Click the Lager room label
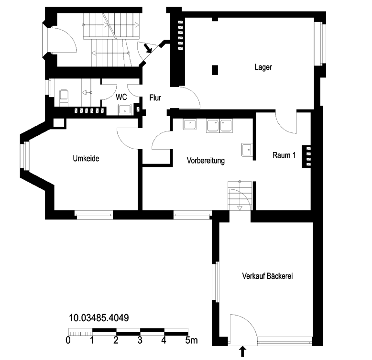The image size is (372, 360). point(263,67)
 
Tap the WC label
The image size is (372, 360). point(121,97)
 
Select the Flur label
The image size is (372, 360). point(155,98)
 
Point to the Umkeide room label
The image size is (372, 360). point(86,158)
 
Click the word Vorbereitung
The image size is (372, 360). point(206,161)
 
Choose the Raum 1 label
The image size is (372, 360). point(284,155)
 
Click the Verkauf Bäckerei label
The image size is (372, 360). point(267,276)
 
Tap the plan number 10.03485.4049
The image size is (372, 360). point(98,318)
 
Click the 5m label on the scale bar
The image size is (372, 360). point(191,340)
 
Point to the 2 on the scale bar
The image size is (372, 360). point(116,340)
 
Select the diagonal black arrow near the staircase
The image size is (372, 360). point(148,48)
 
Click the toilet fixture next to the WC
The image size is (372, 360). point(64,98)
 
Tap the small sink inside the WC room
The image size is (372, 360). point(125,109)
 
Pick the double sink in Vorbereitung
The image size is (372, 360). point(219,125)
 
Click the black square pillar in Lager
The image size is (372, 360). point(215,70)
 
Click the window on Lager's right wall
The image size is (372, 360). point(320,44)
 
